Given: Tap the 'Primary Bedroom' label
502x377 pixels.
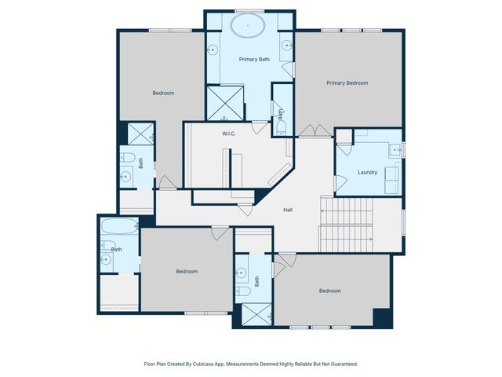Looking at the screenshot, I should coord(347,82).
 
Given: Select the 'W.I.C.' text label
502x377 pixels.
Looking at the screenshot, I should coord(229,134).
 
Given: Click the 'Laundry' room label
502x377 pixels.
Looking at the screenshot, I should coord(367,172).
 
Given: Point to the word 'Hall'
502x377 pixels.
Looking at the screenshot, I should coord(288,209).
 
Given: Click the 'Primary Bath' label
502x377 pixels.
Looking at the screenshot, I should coord(254,59).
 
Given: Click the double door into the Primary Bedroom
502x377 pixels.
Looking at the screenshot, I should coord(311,130).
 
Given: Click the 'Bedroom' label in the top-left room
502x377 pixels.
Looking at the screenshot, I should coord(163,93).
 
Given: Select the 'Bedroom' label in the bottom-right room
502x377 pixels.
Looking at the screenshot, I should coord(329,291).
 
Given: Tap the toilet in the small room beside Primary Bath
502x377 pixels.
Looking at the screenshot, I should coord(281,127).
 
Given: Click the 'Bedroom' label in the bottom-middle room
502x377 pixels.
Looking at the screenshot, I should coord(186,271).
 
